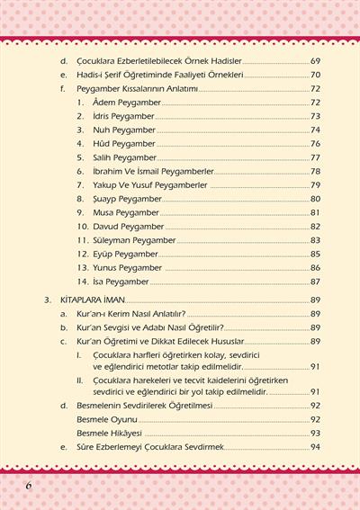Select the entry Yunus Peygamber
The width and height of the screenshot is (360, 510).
point(128,268)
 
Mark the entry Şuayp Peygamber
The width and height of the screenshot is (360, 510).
point(128,199)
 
